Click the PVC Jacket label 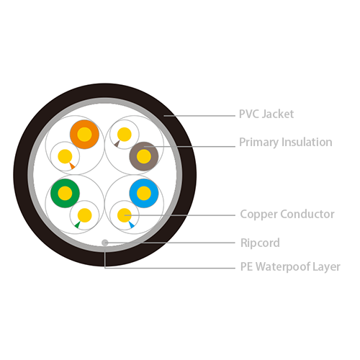(x=266, y=114)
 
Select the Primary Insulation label (x=286, y=143)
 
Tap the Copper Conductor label (x=287, y=214)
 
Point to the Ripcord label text (x=260, y=243)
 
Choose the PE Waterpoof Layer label (x=290, y=267)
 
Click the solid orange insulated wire (x=84, y=135)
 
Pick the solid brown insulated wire (x=144, y=156)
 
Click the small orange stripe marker (x=72, y=166)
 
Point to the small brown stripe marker (x=117, y=143)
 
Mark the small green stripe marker (x=78, y=225)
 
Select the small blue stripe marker (x=131, y=225)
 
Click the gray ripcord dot (x=104, y=243)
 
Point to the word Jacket (x=278, y=114)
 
